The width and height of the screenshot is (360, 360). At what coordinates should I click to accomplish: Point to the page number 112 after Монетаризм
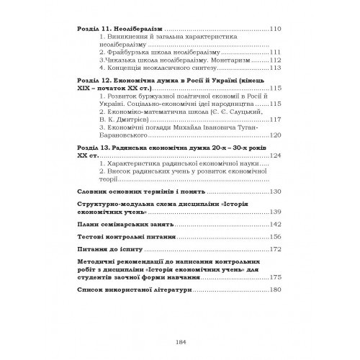tap(272, 61)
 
